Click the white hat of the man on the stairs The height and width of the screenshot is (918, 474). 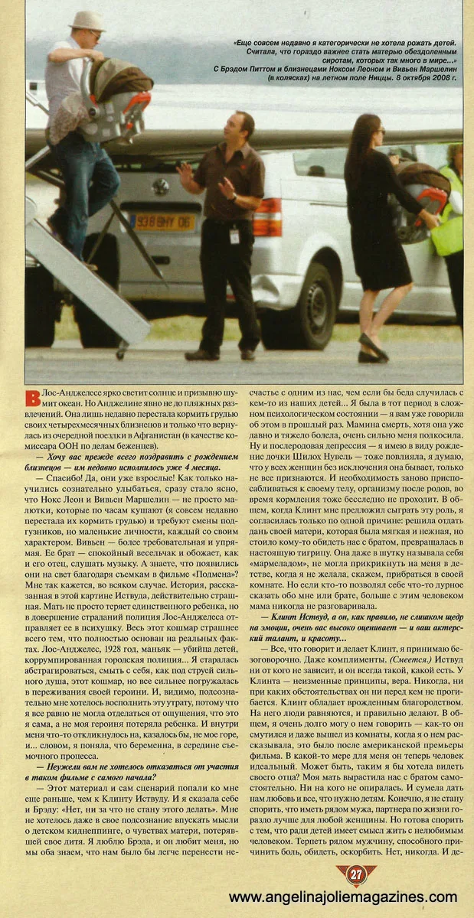point(87,20)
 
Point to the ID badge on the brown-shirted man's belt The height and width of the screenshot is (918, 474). point(234,235)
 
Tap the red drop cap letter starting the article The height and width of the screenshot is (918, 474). point(32,399)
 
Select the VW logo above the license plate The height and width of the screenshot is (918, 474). point(161,187)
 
